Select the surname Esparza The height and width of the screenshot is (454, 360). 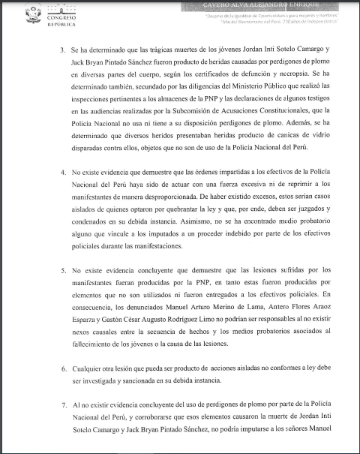pyautogui.click(x=87, y=323)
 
